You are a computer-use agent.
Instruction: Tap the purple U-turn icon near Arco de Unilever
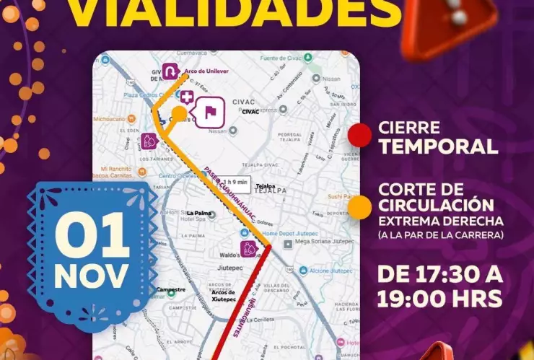pos(170,71)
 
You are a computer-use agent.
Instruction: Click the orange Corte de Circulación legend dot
pos(359,207)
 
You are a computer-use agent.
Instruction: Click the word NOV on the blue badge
pos(92,275)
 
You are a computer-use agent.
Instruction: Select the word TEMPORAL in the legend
pos(439,147)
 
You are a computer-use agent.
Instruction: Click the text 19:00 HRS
pos(440,297)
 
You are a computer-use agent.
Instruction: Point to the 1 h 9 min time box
pos(236,183)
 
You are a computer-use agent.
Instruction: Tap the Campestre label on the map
pos(171,289)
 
